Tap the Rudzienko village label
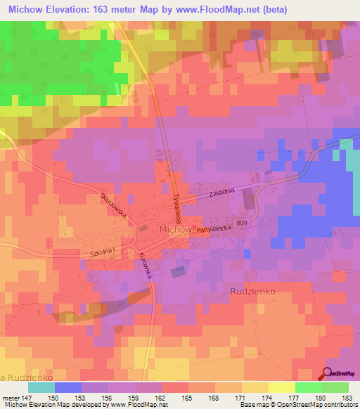(x=256, y=290)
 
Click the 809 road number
(x=243, y=223)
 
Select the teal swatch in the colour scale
(x=41, y=387)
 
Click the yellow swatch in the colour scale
(x=282, y=387)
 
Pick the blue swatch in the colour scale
(x=68, y=387)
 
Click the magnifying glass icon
(x=328, y=373)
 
